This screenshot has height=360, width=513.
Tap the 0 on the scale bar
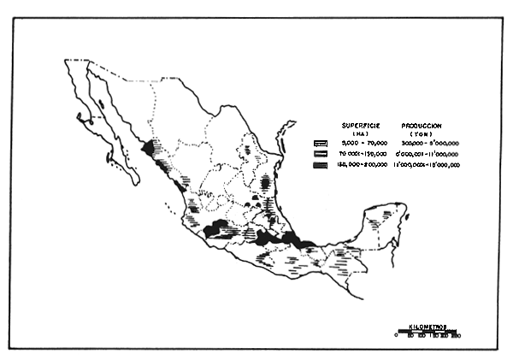pyautogui.click(x=397, y=338)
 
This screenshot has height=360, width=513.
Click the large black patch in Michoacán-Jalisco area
pyautogui.click(x=218, y=229)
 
